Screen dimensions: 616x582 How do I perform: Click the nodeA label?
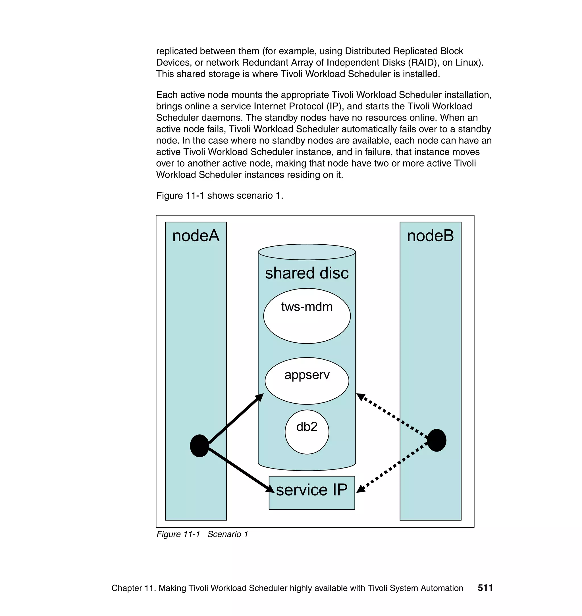(x=196, y=236)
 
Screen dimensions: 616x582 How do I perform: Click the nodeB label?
(x=430, y=236)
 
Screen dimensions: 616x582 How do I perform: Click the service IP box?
(x=311, y=493)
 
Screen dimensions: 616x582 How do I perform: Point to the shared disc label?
(x=307, y=273)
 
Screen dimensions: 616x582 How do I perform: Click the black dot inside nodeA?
(x=200, y=446)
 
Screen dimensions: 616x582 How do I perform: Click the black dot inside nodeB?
(x=436, y=440)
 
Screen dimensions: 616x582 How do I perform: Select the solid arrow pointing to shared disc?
(x=236, y=419)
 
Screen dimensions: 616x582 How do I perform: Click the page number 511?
(x=485, y=588)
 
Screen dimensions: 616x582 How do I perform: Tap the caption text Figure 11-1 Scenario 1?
(x=202, y=534)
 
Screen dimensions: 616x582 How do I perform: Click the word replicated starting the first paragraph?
(x=176, y=51)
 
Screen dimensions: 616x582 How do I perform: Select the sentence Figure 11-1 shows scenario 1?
(x=219, y=196)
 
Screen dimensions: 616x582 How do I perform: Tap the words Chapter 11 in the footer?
(x=133, y=588)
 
